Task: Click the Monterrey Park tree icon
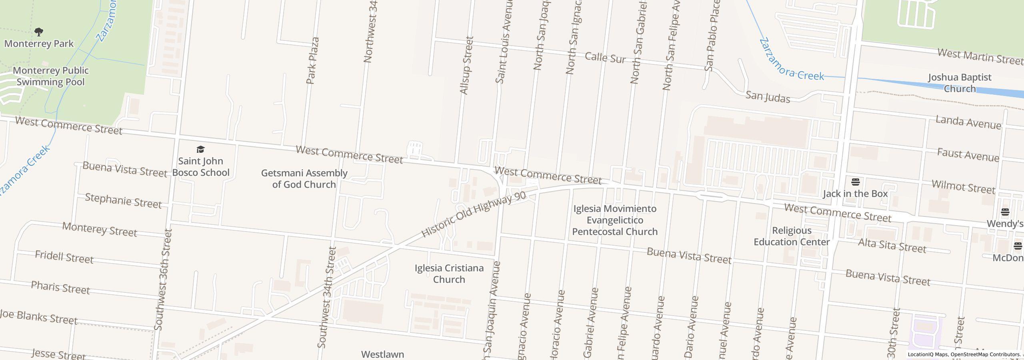39,32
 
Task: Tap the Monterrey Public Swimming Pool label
51,76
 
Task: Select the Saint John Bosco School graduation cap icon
200,150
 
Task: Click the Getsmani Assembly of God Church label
304,179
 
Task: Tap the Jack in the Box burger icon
856,182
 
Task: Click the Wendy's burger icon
1005,212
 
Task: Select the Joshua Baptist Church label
959,83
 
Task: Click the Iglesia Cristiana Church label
449,274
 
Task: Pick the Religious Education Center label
791,236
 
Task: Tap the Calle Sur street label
605,58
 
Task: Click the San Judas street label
768,97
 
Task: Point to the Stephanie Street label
123,200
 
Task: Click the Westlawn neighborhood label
382,354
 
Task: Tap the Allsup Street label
467,66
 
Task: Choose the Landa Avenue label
968,122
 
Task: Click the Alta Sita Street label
892,245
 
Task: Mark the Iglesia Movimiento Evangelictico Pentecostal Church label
615,220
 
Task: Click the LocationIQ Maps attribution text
964,354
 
